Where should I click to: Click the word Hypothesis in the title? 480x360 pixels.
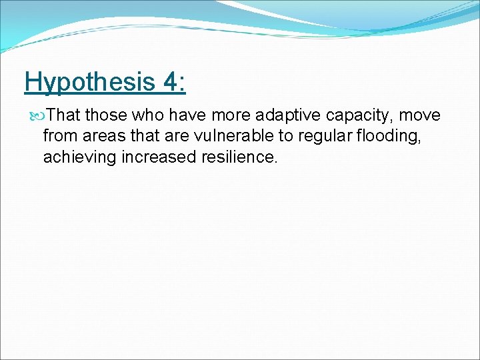[x=88, y=83]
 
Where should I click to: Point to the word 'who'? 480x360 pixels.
[x=141, y=115]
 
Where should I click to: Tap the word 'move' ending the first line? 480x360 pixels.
[x=419, y=115]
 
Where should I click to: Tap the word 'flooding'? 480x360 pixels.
[x=389, y=137]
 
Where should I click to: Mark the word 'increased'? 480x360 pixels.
[x=154, y=158]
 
